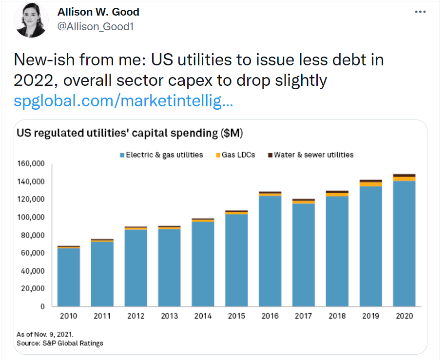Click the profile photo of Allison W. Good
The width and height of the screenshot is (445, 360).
point(32,20)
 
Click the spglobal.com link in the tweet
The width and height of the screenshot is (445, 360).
point(123,102)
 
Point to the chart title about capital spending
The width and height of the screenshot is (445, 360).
point(130,133)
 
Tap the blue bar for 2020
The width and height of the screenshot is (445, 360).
point(404,244)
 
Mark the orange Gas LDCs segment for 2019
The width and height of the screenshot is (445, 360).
point(370,184)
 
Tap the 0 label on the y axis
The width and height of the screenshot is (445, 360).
point(43,306)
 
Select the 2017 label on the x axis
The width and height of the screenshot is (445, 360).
point(303,316)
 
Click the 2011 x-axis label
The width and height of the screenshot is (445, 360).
point(102,316)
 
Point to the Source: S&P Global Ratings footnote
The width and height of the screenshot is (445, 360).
point(60,343)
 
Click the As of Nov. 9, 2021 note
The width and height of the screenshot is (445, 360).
point(45,335)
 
